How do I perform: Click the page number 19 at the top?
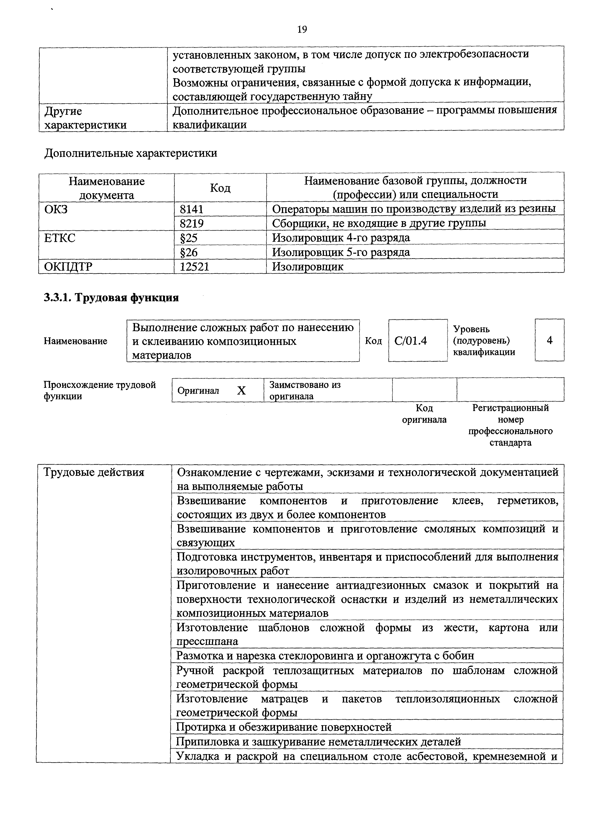coord(302,29)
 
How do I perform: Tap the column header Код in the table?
coord(220,188)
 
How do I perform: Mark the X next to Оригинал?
coord(242,391)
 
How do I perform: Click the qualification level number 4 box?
coord(549,340)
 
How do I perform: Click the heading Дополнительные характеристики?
coord(131,153)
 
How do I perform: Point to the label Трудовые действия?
coord(94,472)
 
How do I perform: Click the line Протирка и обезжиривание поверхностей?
coord(284,727)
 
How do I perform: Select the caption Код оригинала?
coord(424,414)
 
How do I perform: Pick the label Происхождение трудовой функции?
coord(99,390)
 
